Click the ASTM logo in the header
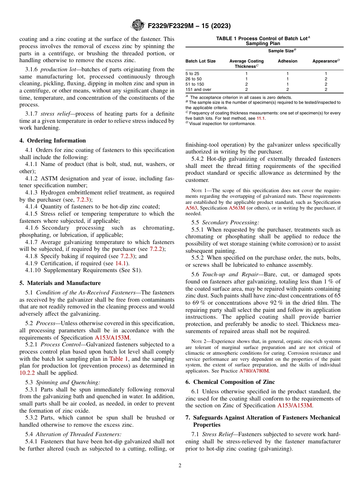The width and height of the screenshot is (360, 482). (x=138, y=25)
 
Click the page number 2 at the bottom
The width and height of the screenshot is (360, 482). (x=180, y=466)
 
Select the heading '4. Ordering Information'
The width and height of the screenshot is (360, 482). (x=53, y=141)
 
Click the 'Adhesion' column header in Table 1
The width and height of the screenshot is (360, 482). (x=288, y=61)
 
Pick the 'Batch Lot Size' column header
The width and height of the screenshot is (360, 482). (x=200, y=61)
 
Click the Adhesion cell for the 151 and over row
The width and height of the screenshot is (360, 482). (x=288, y=89)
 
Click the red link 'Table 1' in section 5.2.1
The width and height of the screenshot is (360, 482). (x=119, y=358)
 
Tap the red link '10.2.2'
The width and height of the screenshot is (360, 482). (x=27, y=372)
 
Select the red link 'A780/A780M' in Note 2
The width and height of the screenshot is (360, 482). (x=254, y=371)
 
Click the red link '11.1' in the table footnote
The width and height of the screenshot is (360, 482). (x=261, y=118)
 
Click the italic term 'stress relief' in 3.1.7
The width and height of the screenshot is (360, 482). (x=53, y=114)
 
